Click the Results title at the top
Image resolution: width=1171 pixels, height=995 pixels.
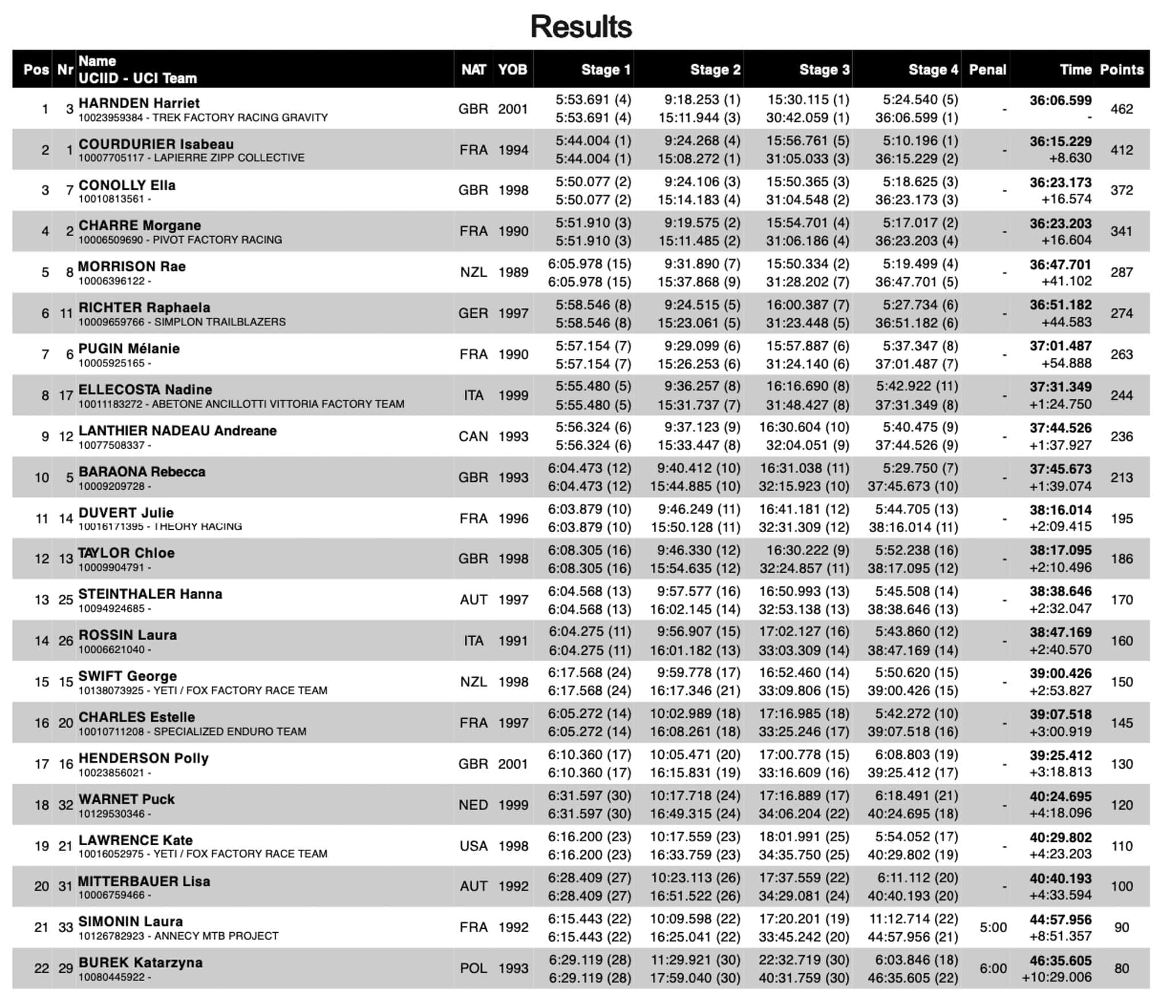pyautogui.click(x=581, y=26)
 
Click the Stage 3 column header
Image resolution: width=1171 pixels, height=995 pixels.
pyautogui.click(x=824, y=70)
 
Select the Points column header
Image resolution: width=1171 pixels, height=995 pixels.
pyautogui.click(x=1121, y=70)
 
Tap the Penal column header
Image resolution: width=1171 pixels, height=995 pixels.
pyautogui.click(x=987, y=70)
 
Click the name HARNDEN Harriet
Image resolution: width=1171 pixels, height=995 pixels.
pyautogui.click(x=139, y=103)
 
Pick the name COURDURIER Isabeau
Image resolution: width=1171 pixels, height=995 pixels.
pyautogui.click(x=156, y=144)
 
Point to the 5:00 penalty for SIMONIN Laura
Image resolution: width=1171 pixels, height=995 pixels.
pyautogui.click(x=993, y=928)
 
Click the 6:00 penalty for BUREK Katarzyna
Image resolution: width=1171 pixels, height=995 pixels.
pyautogui.click(x=993, y=969)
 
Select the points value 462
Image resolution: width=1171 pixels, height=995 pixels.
pyautogui.click(x=1121, y=109)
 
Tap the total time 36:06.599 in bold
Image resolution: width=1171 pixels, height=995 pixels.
pyautogui.click(x=1060, y=101)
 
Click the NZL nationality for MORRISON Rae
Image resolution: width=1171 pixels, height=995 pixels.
pyautogui.click(x=473, y=273)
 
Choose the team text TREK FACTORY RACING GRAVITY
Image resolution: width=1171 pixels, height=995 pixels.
pyautogui.click(x=240, y=118)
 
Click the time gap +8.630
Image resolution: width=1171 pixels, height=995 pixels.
pyautogui.click(x=1066, y=158)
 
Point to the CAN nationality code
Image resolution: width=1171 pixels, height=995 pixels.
pyautogui.click(x=473, y=437)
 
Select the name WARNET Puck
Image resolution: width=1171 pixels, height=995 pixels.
pyautogui.click(x=126, y=799)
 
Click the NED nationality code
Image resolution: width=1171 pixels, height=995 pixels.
pyautogui.click(x=473, y=805)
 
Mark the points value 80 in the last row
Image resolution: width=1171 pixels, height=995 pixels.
pyautogui.click(x=1121, y=969)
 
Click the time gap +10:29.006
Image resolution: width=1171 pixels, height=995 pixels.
pyautogui.click(x=1057, y=977)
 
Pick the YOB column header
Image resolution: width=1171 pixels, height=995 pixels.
pyautogui.click(x=512, y=70)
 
